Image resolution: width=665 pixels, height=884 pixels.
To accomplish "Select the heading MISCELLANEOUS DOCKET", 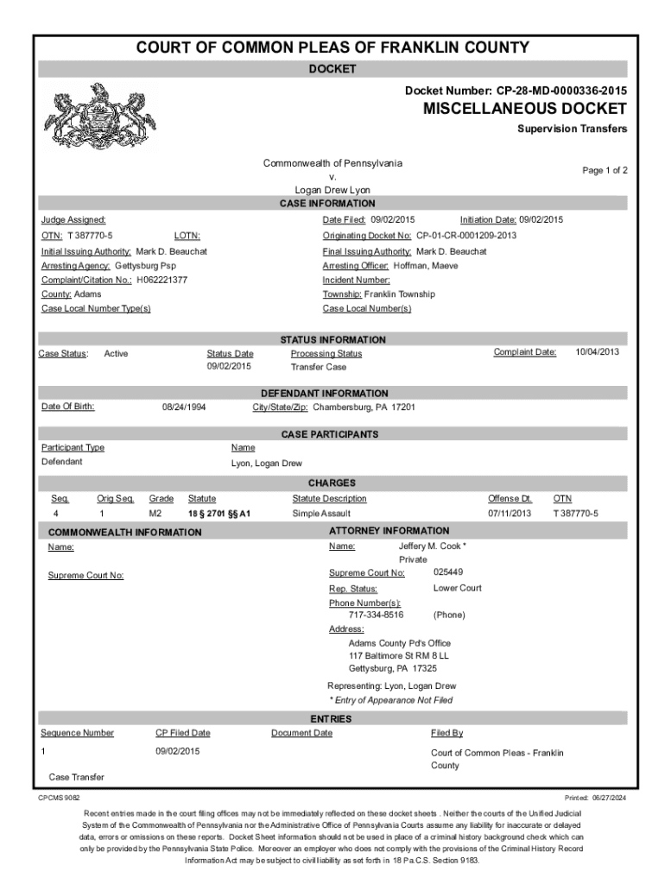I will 525,109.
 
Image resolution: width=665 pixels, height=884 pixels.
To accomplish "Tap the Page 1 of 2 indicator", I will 605,171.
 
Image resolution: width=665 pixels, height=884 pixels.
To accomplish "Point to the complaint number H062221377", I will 163,280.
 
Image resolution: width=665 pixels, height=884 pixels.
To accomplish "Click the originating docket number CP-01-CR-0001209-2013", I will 465,235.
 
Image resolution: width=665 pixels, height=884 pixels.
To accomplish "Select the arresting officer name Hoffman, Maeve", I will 425,265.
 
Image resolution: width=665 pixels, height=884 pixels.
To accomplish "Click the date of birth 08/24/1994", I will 184,407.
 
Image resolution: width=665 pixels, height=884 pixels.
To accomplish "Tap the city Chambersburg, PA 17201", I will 364,407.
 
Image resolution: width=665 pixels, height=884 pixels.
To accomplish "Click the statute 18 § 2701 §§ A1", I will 219,514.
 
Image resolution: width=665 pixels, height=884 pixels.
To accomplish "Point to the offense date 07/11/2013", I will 510,514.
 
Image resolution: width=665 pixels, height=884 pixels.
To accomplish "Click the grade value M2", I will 155,514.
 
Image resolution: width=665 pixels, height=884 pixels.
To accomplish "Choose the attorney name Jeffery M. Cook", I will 432,546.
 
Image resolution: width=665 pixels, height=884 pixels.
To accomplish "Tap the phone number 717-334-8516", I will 376,615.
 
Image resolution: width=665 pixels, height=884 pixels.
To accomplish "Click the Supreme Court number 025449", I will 448,572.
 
